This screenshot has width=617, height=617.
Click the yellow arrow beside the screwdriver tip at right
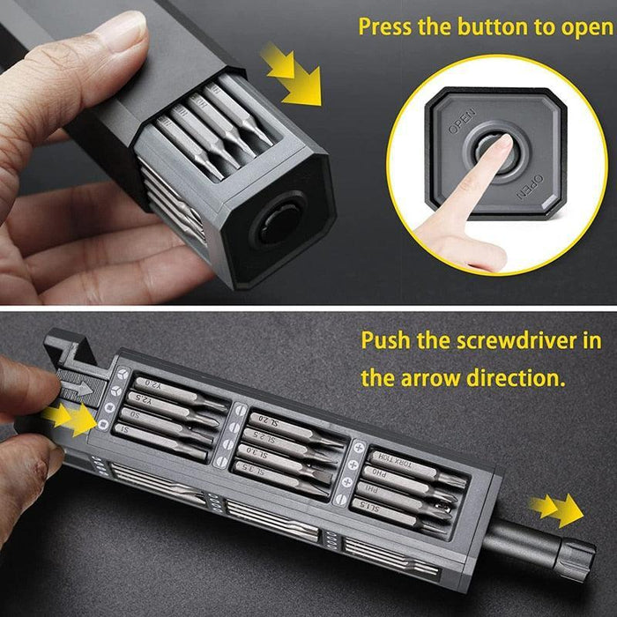point(559,510)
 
